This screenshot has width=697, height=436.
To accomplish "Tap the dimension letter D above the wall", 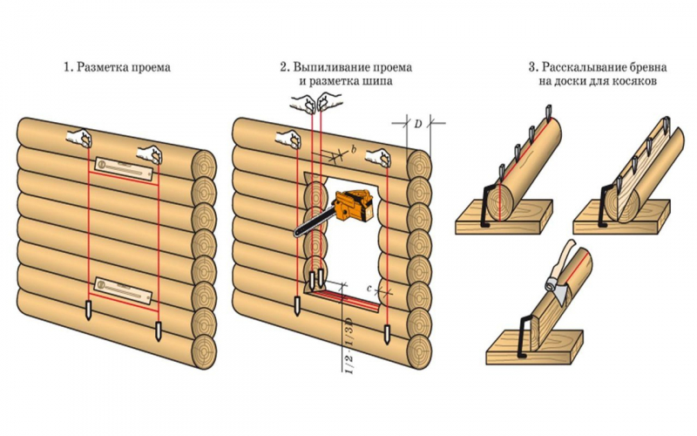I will [418, 125].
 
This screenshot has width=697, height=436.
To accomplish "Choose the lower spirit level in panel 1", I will [125, 284].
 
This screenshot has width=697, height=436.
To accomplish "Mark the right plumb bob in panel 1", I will [159, 330].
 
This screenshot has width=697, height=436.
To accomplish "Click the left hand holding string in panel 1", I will [83, 138].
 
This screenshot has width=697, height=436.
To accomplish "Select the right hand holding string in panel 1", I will [154, 154].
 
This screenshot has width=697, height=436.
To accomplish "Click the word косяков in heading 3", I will [633, 81].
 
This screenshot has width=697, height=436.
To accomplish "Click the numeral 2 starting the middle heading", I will [283, 66].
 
